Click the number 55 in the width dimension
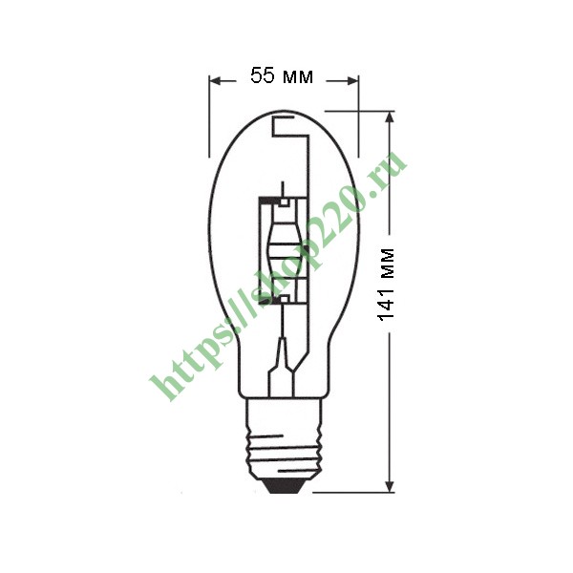(263, 75)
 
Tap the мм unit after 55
(298, 77)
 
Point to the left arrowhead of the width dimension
(216, 81)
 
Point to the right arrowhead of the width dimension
(351, 81)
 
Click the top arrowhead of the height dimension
(390, 117)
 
